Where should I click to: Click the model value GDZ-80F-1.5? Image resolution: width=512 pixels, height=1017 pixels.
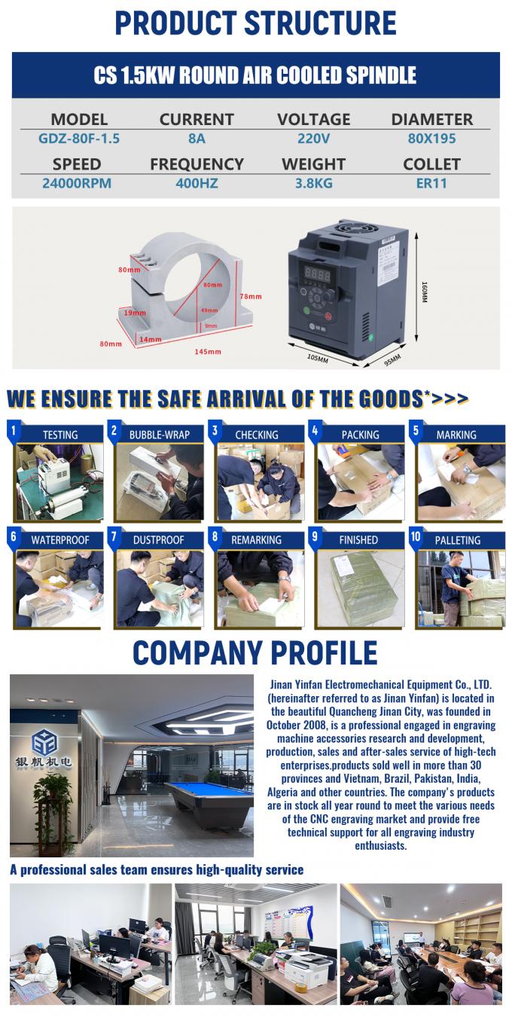tap(79, 139)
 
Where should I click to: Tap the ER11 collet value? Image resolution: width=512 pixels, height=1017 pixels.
tap(431, 183)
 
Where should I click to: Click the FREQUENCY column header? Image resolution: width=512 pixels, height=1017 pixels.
tap(197, 164)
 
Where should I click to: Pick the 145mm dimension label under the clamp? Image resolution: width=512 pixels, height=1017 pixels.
tap(209, 352)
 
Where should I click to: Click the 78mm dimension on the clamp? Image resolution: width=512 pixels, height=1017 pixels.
tap(251, 297)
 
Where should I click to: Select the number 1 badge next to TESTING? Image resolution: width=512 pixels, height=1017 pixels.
tap(13, 431)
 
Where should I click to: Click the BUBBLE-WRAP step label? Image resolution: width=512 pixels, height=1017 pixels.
tap(159, 435)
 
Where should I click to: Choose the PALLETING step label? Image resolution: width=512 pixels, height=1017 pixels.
tap(457, 540)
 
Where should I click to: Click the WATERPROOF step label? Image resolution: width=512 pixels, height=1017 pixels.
tap(60, 540)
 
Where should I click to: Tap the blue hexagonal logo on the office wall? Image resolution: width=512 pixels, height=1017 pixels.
tap(46, 742)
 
